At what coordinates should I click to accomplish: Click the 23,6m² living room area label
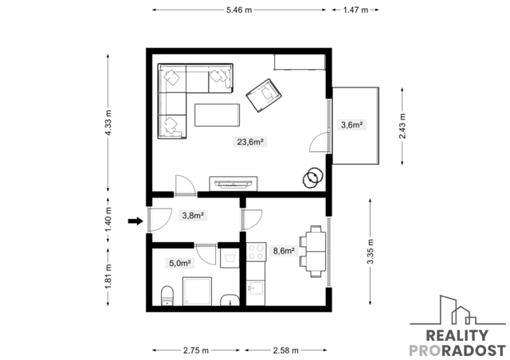[x=249, y=142]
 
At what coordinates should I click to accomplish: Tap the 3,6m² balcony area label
[x=352, y=124]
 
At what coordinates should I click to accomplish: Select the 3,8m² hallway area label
[x=193, y=215]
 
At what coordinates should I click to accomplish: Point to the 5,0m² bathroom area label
[x=179, y=263]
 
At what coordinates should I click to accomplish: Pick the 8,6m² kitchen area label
[x=284, y=251]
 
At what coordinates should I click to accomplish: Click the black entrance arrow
[x=135, y=221]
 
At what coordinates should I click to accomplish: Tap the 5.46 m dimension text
[x=239, y=10]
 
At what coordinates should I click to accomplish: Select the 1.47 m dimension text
[x=355, y=10]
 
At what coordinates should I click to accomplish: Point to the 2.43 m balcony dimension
[x=402, y=126]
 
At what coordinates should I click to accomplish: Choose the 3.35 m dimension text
[x=371, y=252]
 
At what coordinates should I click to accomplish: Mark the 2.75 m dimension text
[x=196, y=350]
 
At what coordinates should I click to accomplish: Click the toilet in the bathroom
[x=167, y=295]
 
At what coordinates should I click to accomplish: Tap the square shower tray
[x=197, y=291]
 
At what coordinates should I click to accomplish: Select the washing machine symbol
[x=229, y=259]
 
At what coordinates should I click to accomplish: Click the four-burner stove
[x=256, y=252]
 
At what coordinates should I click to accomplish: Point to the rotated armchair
[x=264, y=96]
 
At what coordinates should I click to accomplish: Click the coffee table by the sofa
[x=218, y=115]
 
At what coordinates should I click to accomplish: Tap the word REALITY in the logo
[x=457, y=335]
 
